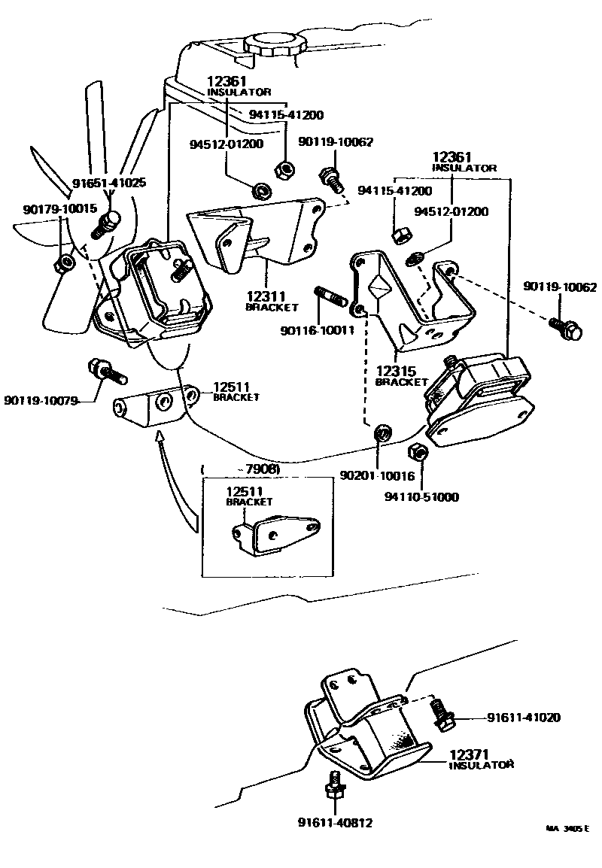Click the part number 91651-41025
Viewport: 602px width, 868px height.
pyautogui.click(x=109, y=183)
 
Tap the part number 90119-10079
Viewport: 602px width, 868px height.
pyautogui.click(x=41, y=400)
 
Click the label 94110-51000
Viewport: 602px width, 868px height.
pyautogui.click(x=421, y=496)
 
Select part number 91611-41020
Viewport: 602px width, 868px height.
pyautogui.click(x=523, y=718)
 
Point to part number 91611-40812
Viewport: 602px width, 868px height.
pyautogui.click(x=334, y=822)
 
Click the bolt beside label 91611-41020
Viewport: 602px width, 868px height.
pyautogui.click(x=442, y=713)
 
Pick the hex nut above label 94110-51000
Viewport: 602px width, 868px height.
pyautogui.click(x=418, y=454)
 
